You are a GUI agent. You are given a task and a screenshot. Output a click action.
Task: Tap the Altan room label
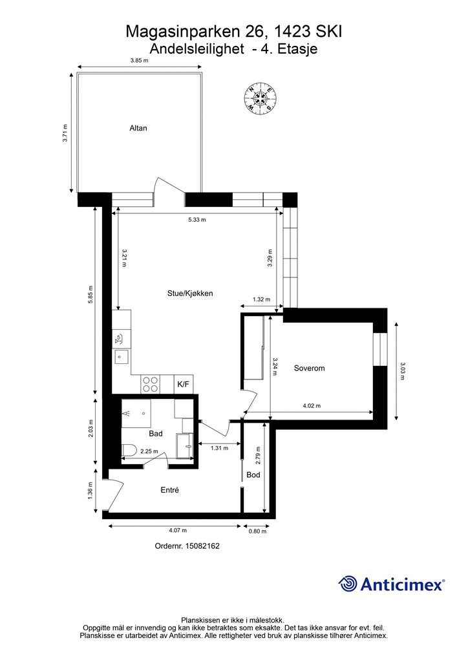coord(138,128)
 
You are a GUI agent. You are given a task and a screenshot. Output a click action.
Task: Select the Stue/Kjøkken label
coord(190,293)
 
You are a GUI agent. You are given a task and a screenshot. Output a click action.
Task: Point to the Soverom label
coord(310,368)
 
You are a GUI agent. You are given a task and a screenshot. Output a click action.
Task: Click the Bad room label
coord(156,434)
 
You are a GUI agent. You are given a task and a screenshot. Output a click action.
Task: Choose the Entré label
coord(169,490)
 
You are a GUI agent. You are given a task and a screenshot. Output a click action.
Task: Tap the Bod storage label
coord(253,475)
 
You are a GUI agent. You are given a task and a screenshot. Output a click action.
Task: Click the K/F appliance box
coord(184,384)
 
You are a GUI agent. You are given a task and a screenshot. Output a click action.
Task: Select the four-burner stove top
coord(151,384)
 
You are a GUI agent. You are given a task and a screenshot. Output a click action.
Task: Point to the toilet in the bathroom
coord(128,451)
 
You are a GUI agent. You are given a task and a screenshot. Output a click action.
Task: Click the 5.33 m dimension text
coord(197,220)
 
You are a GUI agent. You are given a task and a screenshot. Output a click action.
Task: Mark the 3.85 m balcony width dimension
coord(139,60)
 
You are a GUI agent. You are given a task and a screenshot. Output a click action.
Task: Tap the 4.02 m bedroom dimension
coord(312,406)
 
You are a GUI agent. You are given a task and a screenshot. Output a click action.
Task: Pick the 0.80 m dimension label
coord(258,531)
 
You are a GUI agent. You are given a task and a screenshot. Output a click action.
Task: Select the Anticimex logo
coord(391,584)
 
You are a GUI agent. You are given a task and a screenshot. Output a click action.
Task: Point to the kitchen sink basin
coord(121,357)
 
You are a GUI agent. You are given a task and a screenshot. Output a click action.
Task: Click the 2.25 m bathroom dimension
coord(149,451)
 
